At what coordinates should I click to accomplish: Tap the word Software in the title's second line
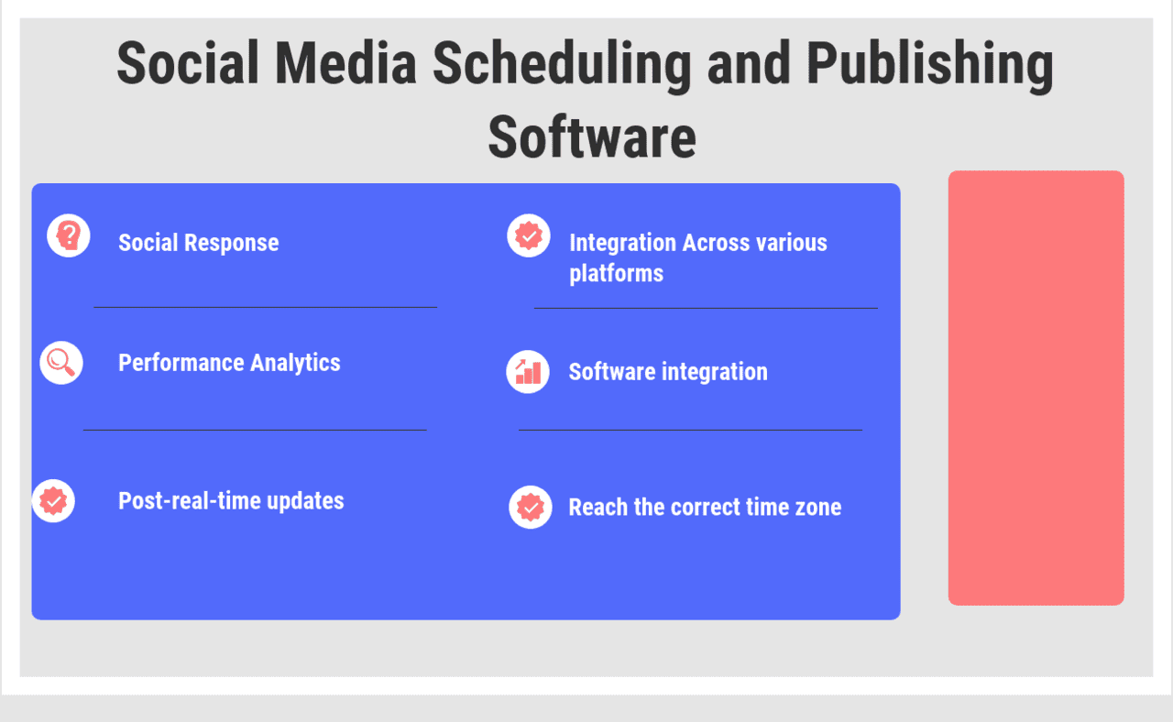pyautogui.click(x=591, y=137)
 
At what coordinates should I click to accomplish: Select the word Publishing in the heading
pyautogui.click(x=929, y=65)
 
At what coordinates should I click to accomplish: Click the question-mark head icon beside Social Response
pyautogui.click(x=69, y=235)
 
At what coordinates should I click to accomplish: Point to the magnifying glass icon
pyautogui.click(x=61, y=362)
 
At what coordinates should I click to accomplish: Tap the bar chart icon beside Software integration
pyautogui.click(x=528, y=371)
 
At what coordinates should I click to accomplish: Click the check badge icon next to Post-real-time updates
pyautogui.click(x=53, y=501)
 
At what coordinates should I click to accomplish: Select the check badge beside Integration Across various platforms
pyautogui.click(x=529, y=235)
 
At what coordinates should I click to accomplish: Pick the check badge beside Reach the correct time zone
pyautogui.click(x=531, y=507)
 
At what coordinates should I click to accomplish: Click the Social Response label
pyautogui.click(x=198, y=243)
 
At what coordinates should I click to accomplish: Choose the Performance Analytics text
pyautogui.click(x=229, y=363)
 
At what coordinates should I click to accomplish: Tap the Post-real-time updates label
pyautogui.click(x=231, y=501)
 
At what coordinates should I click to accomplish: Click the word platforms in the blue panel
pyautogui.click(x=616, y=273)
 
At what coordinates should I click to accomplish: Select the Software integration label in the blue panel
pyautogui.click(x=668, y=372)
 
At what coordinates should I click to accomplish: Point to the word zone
pyautogui.click(x=817, y=508)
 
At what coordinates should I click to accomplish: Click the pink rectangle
pyautogui.click(x=1036, y=388)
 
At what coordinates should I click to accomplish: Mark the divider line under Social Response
pyautogui.click(x=265, y=307)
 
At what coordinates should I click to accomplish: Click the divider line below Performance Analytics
pyautogui.click(x=255, y=429)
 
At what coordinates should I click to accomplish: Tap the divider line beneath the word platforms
pyautogui.click(x=706, y=308)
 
